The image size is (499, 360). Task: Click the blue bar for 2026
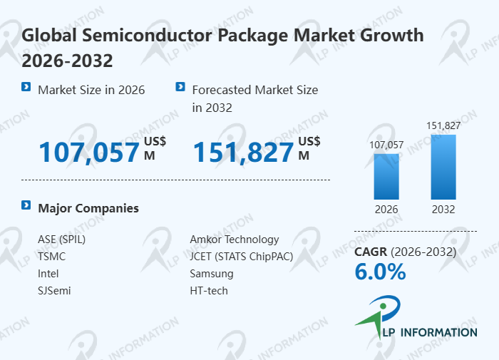(x=387, y=176)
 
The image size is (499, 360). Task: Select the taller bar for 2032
(x=443, y=167)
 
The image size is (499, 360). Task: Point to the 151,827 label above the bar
(x=443, y=126)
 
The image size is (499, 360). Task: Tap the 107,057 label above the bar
(x=387, y=145)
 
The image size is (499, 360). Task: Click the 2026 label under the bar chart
(x=387, y=210)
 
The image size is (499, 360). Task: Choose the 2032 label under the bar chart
(x=443, y=210)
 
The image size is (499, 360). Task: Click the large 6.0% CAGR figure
(x=380, y=272)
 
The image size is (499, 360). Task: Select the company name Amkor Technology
(x=235, y=240)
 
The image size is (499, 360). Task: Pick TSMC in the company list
(x=52, y=257)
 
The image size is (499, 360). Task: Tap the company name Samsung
(x=212, y=274)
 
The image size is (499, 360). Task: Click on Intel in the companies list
(x=48, y=274)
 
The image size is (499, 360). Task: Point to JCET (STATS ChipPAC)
(x=242, y=257)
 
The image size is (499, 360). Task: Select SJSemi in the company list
(x=54, y=291)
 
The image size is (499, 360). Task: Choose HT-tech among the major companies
(x=209, y=291)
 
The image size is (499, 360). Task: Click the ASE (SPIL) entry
(x=61, y=240)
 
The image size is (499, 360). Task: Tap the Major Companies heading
(x=88, y=208)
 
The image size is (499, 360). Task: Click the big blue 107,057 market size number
(x=89, y=153)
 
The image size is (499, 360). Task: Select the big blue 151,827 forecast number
(x=244, y=153)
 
